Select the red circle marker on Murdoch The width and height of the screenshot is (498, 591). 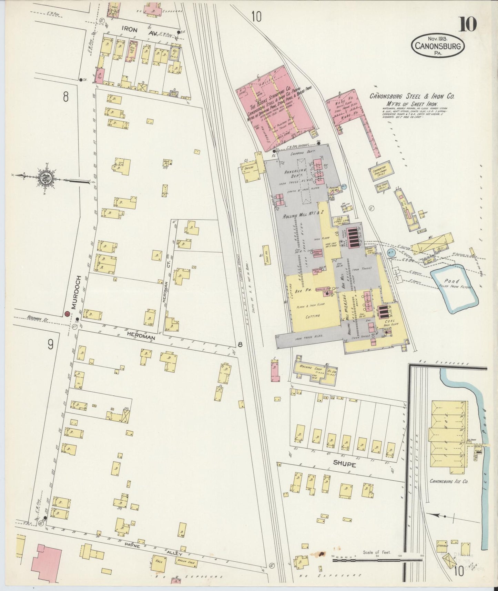tap(67, 313)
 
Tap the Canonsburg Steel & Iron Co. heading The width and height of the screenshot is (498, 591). tap(412, 97)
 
